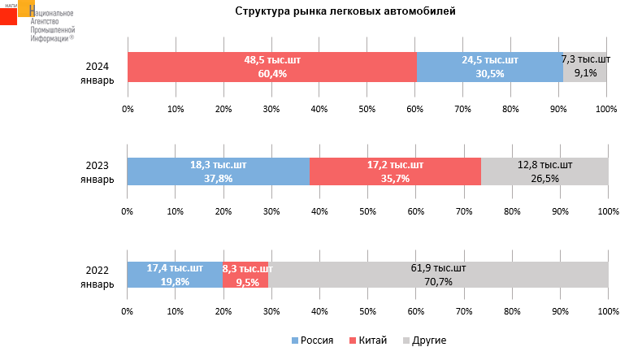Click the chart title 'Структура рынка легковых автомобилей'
(x=345, y=11)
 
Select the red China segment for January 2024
(x=271, y=67)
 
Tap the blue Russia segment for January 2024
(x=489, y=67)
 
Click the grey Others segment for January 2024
(x=585, y=67)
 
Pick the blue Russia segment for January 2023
(x=218, y=171)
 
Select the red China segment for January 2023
(x=395, y=171)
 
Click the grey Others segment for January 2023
(x=544, y=171)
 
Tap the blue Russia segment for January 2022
(x=174, y=275)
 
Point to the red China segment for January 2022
(x=245, y=275)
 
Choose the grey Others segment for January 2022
(x=438, y=275)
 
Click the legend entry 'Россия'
(x=312, y=340)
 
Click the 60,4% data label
(x=271, y=74)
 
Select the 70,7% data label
(x=438, y=282)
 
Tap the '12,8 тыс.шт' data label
(x=544, y=165)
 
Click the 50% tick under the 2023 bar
(x=367, y=211)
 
